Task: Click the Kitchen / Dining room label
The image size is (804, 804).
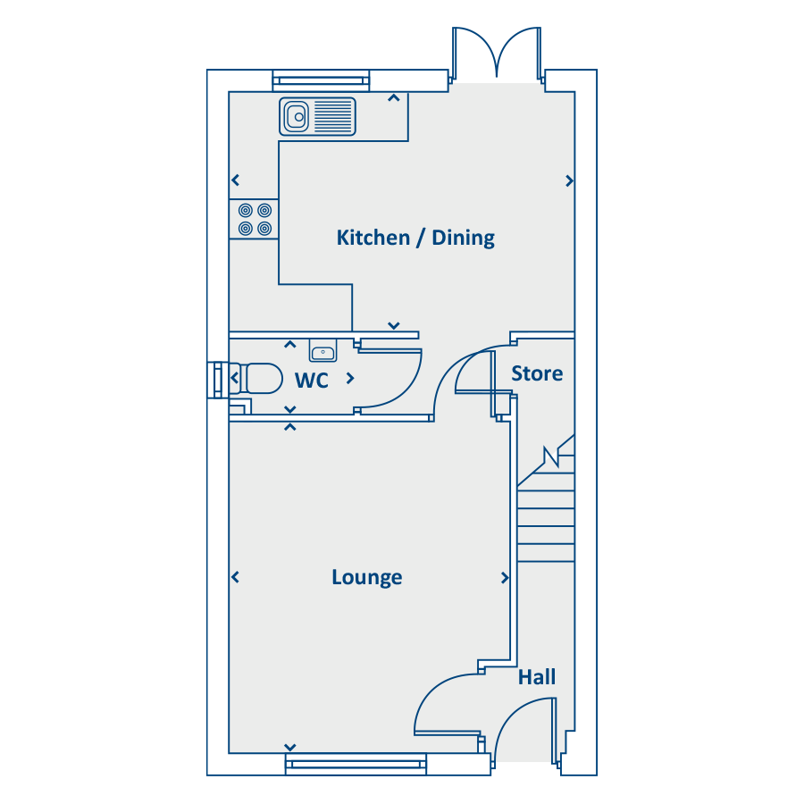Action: [415, 238]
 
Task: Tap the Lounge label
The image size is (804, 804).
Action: [366, 577]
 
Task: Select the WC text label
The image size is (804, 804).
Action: [311, 381]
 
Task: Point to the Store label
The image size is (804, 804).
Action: [537, 373]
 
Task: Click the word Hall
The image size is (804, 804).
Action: [536, 677]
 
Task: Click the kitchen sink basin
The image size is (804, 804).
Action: [297, 117]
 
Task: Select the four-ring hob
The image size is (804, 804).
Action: [255, 219]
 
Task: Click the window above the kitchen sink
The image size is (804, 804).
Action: [321, 80]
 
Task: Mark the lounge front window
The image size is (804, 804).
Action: [356, 765]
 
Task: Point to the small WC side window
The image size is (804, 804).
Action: [218, 380]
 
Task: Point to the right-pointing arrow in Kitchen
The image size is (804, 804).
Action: [569, 181]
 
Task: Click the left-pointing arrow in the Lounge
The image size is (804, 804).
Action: [235, 577]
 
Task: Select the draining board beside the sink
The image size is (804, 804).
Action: [333, 117]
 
